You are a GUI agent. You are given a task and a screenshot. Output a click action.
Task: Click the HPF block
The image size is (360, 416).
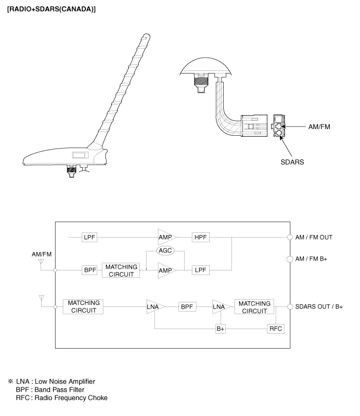[200, 237]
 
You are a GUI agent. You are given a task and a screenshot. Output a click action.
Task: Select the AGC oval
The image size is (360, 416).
[166, 250]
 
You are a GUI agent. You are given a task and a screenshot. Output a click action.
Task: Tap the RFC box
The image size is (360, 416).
[274, 329]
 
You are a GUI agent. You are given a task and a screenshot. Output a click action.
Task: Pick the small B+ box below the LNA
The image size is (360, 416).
[221, 329]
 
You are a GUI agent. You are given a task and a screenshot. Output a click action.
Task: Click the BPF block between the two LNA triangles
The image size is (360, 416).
[186, 307]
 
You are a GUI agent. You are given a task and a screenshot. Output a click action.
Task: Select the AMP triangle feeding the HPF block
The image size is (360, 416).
[166, 237]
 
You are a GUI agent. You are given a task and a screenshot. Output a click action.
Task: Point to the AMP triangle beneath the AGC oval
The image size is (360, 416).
[166, 270]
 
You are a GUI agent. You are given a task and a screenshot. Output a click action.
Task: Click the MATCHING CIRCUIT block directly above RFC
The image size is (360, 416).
[254, 307]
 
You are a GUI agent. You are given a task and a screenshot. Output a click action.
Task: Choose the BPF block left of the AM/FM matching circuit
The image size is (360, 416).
[91, 270]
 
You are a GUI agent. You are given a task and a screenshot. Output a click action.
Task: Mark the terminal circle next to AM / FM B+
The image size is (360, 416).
[289, 259]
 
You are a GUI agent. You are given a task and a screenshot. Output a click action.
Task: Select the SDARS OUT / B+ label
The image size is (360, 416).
[319, 307]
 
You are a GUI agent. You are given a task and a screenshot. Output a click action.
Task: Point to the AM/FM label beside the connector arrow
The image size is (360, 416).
[317, 126]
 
